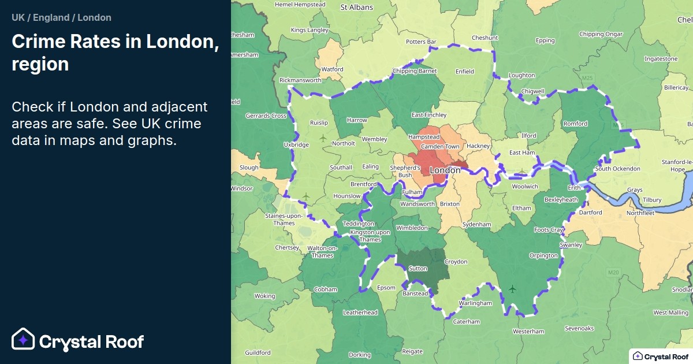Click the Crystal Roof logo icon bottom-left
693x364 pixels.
click(x=24, y=340)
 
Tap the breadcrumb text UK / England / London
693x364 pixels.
click(x=61, y=17)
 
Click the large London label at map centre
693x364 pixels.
click(x=445, y=170)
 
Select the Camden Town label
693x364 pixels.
click(x=440, y=147)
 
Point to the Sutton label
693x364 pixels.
click(x=418, y=269)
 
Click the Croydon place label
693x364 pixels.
click(x=456, y=262)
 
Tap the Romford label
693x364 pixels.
click(x=575, y=124)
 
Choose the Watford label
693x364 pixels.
click(x=332, y=69)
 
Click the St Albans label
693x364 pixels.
click(x=357, y=8)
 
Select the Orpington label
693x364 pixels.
click(x=543, y=255)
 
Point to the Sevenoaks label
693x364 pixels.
click(x=579, y=328)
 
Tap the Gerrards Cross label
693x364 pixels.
click(x=266, y=116)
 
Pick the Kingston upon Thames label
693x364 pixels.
click(x=370, y=236)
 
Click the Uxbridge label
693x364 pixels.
click(x=296, y=144)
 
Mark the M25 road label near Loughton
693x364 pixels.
click(x=588, y=78)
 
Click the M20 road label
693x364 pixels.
click(x=613, y=272)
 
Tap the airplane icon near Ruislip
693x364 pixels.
click(x=322, y=138)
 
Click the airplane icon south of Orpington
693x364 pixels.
click(x=513, y=288)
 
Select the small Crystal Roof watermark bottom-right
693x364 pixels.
click(x=660, y=356)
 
